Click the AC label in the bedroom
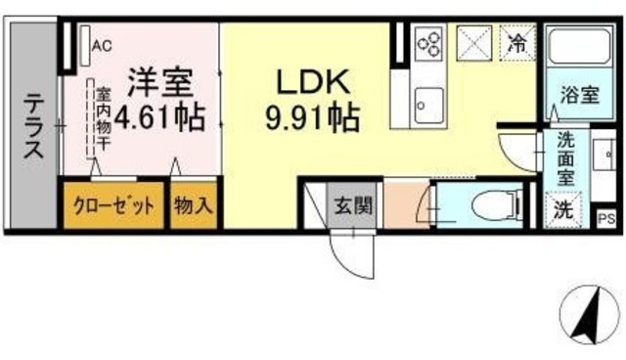tap(102, 44)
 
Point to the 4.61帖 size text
tap(159, 118)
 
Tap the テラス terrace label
tap(34, 126)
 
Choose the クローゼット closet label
tap(112, 205)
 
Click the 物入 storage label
tap(194, 205)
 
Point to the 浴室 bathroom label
tap(579, 95)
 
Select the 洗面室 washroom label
tap(565, 157)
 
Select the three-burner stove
tap(430, 42)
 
